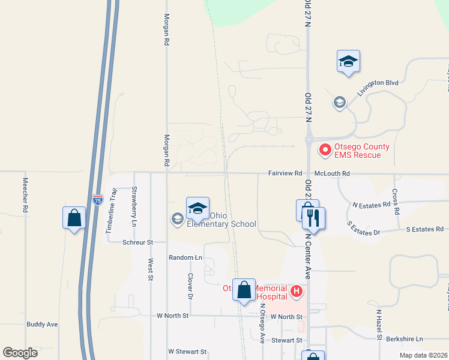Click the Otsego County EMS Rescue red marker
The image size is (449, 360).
click(x=326, y=149)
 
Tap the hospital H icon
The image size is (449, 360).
click(x=296, y=292)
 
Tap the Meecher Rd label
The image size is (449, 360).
click(x=25, y=195)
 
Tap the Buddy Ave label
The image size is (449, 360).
click(x=42, y=324)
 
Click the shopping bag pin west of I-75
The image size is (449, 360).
click(x=74, y=217)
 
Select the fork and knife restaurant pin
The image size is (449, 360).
click(x=313, y=218)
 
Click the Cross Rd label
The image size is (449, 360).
click(x=396, y=202)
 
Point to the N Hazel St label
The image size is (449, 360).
click(x=379, y=325)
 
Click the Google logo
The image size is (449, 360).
click(x=20, y=353)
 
